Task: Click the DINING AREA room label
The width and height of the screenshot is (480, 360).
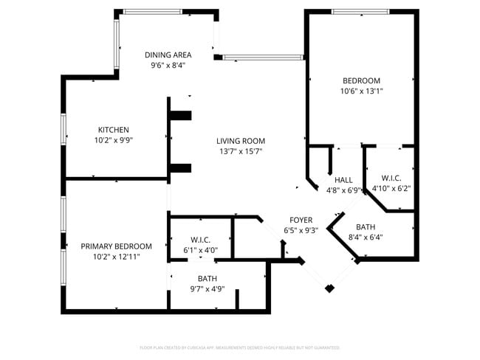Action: coord(168,55)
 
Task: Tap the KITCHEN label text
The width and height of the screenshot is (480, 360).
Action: coord(113,130)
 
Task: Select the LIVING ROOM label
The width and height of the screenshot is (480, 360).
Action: coord(240,141)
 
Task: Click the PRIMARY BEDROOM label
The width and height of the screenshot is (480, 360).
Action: coord(116,246)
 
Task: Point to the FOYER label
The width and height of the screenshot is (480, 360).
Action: coord(301,220)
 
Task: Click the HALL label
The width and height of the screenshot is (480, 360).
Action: coord(343,180)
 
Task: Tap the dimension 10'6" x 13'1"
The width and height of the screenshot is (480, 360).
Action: coord(361,91)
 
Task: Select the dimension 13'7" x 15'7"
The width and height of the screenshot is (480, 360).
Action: coord(240,151)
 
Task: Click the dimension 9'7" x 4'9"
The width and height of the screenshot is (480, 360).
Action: coord(207,288)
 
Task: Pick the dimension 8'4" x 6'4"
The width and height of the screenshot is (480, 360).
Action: coord(365,237)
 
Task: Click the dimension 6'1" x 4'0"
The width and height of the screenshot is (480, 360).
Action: coord(200,250)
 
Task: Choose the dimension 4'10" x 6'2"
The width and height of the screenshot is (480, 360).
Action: coord(391,188)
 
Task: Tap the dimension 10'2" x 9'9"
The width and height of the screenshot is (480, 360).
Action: coord(113,139)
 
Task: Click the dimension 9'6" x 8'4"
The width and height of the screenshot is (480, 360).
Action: coord(168,65)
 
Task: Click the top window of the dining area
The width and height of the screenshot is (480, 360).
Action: coord(151,12)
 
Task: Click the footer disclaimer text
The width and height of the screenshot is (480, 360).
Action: coord(240,347)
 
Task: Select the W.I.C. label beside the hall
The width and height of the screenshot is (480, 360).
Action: coord(391,178)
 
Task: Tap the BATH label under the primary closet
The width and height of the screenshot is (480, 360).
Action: coord(207,278)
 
